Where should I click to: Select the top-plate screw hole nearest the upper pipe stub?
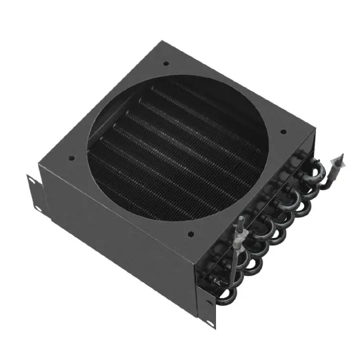283,131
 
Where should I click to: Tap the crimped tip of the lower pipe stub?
238,221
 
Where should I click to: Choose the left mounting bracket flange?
37,197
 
